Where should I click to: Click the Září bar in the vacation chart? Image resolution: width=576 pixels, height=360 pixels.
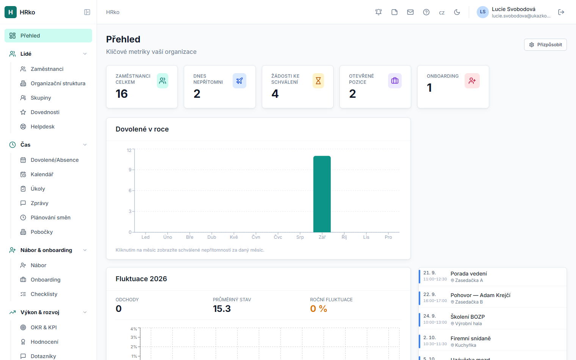[x=322, y=194]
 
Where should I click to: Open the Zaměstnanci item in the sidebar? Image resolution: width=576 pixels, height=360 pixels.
[x=47, y=69]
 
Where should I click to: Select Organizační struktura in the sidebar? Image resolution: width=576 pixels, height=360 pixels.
[x=58, y=83]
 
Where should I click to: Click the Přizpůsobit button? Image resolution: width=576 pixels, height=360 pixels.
[x=545, y=45]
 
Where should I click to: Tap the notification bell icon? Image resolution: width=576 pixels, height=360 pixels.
[x=379, y=12]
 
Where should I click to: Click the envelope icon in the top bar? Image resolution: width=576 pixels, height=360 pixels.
[x=410, y=12]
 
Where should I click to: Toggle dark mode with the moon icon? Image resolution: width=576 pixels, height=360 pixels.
[x=457, y=12]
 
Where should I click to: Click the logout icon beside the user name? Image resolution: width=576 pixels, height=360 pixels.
[x=561, y=12]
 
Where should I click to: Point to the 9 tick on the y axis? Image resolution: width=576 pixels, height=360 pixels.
[x=130, y=170]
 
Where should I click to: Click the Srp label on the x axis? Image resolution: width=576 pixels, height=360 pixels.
[x=300, y=237]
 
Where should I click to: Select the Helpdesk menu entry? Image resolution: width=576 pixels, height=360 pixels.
[x=42, y=127]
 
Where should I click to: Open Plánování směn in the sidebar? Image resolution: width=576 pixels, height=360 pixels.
[x=50, y=218]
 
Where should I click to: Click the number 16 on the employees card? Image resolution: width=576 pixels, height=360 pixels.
[x=122, y=94]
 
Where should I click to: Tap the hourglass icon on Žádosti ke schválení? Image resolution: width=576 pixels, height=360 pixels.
[x=318, y=81]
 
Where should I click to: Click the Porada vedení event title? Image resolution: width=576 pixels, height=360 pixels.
[x=468, y=274]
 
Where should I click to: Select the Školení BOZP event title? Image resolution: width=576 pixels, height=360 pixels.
[x=468, y=317]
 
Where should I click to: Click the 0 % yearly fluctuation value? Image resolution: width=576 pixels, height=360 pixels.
[x=318, y=308]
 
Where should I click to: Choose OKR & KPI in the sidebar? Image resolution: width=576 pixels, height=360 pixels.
[x=44, y=327]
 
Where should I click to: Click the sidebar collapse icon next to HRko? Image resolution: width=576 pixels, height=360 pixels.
[x=87, y=12]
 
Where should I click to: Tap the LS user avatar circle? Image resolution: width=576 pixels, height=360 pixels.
[x=483, y=12]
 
